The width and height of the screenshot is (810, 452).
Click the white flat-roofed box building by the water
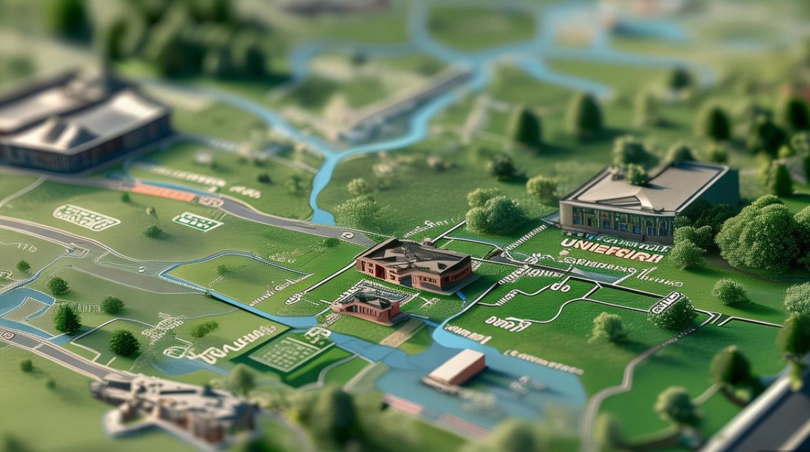tap(457, 367)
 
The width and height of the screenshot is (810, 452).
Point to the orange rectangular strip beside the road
tap(163, 193)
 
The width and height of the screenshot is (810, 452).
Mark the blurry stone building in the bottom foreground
tap(175, 404)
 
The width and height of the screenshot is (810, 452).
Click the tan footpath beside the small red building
tap(401, 333)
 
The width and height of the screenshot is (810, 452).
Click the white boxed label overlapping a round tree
tap(665, 302)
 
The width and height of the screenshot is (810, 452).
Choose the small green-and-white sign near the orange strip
tap(197, 222)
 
